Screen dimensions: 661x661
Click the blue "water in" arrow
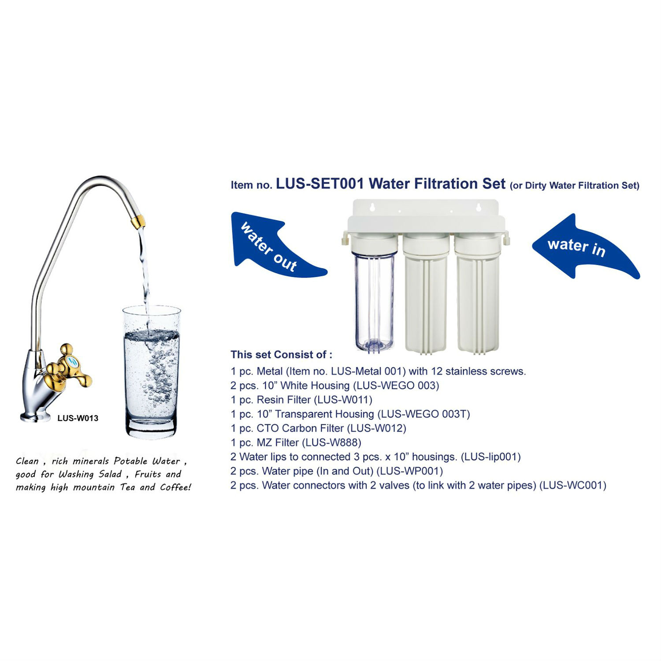[x=582, y=249]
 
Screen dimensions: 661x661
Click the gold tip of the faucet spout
[x=137, y=220]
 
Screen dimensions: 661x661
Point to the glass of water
[x=151, y=372]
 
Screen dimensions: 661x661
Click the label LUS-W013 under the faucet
[x=78, y=418]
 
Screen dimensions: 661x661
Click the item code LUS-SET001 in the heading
[x=320, y=183]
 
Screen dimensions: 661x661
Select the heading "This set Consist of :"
[x=282, y=355]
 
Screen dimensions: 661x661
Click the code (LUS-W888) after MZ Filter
[x=331, y=442]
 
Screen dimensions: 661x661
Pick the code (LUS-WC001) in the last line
[x=573, y=485]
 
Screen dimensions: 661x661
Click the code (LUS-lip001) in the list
[x=491, y=457]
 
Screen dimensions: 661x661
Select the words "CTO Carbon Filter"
[x=300, y=428]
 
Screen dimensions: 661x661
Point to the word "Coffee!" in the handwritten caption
[x=175, y=487]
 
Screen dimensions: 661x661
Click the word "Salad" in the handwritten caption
[x=110, y=474]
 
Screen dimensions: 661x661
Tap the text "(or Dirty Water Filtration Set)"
[x=575, y=186]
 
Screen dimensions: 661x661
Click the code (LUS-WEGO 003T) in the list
[x=424, y=414]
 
